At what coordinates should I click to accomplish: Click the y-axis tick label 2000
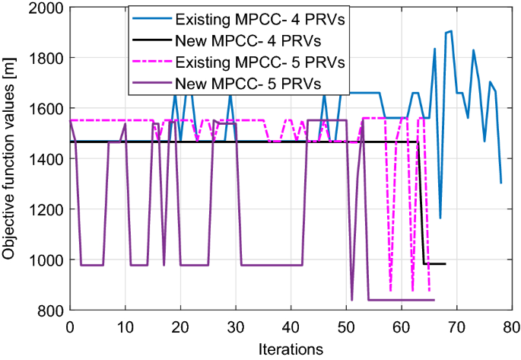[46, 8]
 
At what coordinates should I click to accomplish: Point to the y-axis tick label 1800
[46, 58]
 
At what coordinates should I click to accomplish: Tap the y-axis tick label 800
[50, 310]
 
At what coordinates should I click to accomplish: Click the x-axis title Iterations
[291, 348]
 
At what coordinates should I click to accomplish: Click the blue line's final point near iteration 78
[500, 183]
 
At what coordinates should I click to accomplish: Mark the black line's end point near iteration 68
[445, 264]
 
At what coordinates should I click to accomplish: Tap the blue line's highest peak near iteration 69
[451, 31]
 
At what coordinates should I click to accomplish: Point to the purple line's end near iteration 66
[434, 300]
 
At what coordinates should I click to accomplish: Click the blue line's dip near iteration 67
[440, 218]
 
